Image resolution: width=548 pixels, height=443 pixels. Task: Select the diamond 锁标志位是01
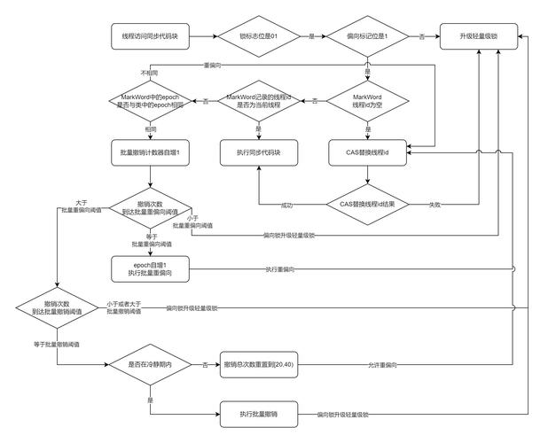coord(259,36)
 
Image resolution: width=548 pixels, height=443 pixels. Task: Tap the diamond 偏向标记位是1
coord(367,36)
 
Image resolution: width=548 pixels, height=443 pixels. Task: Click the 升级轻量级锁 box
coord(478,36)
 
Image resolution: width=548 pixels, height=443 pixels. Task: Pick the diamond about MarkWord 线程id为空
coord(367,100)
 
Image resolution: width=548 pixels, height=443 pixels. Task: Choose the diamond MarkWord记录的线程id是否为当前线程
coord(259,100)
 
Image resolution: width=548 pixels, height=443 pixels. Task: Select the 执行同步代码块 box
coord(259,152)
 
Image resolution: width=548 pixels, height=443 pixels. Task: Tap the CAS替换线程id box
coord(367,152)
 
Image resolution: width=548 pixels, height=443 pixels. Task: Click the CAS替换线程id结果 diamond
coord(367,205)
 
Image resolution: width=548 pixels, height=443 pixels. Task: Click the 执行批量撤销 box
coord(259,414)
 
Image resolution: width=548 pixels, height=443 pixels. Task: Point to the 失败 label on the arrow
coord(436,205)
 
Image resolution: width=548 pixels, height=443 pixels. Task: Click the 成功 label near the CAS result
coord(286,205)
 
